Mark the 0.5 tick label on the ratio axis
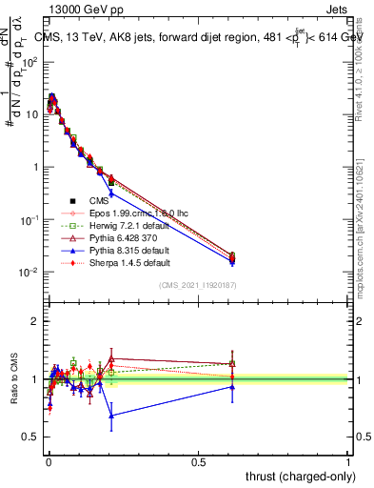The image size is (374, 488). coord(31,437)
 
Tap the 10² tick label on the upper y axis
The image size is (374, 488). coord(29,62)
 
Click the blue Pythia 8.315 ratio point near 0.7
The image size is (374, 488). coord(112,416)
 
